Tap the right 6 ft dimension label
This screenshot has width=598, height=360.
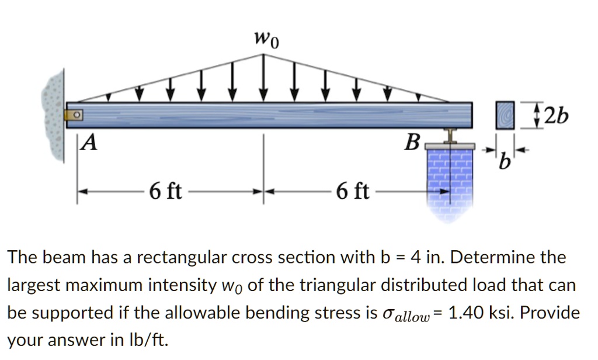[x=353, y=191]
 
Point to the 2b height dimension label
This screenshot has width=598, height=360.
[x=554, y=116]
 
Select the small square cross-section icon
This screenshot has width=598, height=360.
[x=505, y=115]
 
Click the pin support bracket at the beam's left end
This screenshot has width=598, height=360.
[x=74, y=115]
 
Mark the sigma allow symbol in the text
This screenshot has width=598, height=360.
[x=412, y=314]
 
